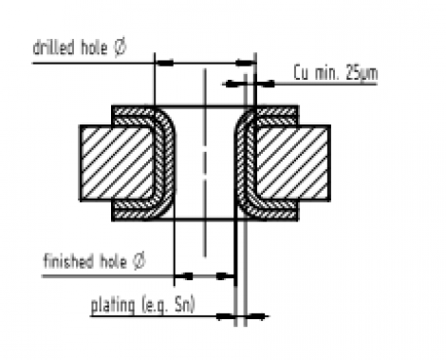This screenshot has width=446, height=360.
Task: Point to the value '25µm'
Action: click(350, 72)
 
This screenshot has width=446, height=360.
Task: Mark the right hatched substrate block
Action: click(292, 162)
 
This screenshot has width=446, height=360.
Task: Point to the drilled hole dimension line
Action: click(204, 63)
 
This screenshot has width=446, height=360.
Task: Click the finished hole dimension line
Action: click(204, 276)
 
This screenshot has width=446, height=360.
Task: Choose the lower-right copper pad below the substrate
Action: click(275, 211)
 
